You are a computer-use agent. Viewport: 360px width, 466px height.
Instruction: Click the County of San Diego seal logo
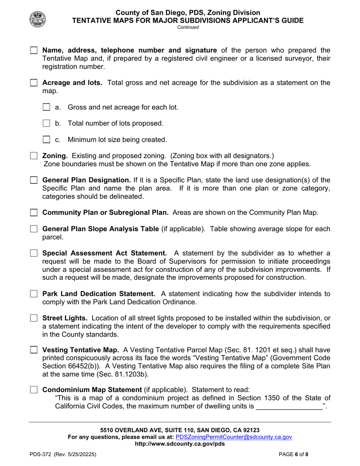tap(38, 19)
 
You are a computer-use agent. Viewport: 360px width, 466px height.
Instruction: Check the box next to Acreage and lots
tap(34, 83)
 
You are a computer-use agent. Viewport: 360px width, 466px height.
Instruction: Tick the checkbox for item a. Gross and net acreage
tap(47, 107)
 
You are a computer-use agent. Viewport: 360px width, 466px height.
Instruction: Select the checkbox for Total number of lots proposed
tap(47, 124)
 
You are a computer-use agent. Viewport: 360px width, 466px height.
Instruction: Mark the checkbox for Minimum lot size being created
tap(47, 140)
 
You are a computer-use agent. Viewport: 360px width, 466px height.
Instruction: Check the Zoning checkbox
tap(34, 156)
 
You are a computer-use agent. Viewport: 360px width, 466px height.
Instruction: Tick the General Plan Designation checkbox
tap(34, 180)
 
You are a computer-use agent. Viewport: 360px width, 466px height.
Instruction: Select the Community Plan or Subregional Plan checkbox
tap(34, 213)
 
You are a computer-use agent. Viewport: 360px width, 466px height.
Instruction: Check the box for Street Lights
tap(34, 318)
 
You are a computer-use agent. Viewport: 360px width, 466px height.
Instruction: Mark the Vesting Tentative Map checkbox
tap(34, 350)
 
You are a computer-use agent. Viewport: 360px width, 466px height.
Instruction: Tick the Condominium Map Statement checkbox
tap(34, 390)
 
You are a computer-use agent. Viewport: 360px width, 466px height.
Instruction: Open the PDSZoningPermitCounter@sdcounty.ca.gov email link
tap(234, 437)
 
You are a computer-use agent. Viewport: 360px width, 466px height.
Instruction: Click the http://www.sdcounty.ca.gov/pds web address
tap(180, 444)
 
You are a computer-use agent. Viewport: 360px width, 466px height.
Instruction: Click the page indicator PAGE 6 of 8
tap(294, 454)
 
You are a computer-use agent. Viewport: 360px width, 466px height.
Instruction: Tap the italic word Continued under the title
tap(188, 27)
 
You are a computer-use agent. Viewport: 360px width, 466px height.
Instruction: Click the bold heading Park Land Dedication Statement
tap(99, 294)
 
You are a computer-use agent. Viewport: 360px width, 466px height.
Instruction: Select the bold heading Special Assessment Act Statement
tap(104, 253)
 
